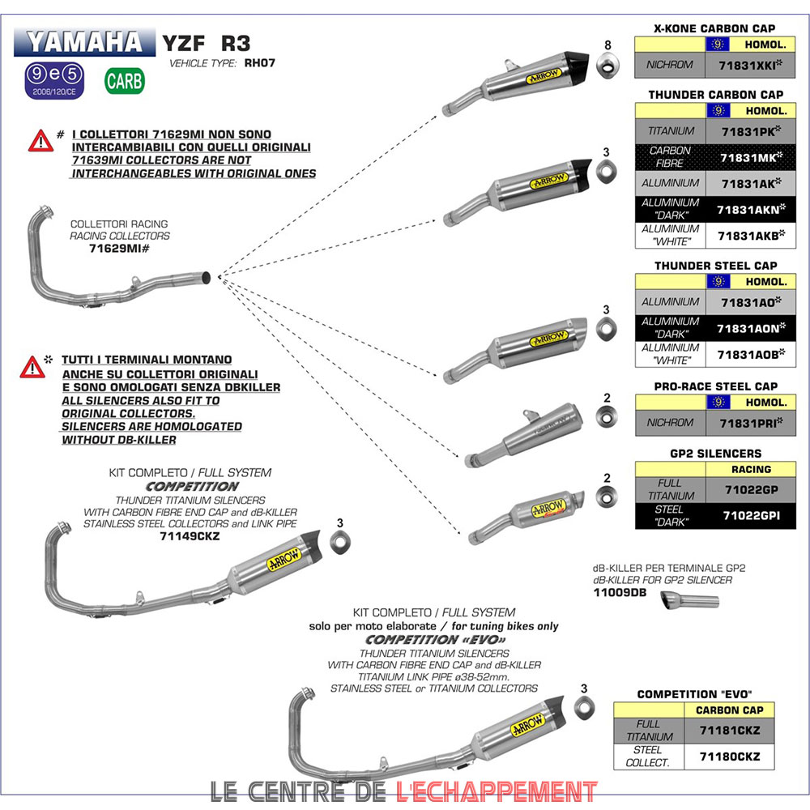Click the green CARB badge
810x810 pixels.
pyautogui.click(x=125, y=81)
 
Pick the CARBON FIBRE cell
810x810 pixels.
pyautogui.click(x=671, y=156)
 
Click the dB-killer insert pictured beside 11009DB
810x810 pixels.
pyautogui.click(x=689, y=601)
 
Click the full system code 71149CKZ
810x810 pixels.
pyautogui.click(x=190, y=535)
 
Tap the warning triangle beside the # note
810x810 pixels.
pyautogui.click(x=40, y=141)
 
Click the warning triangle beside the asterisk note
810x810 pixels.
pyautogui.click(x=32, y=368)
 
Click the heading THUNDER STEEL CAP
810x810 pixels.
pyautogui.click(x=715, y=266)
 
